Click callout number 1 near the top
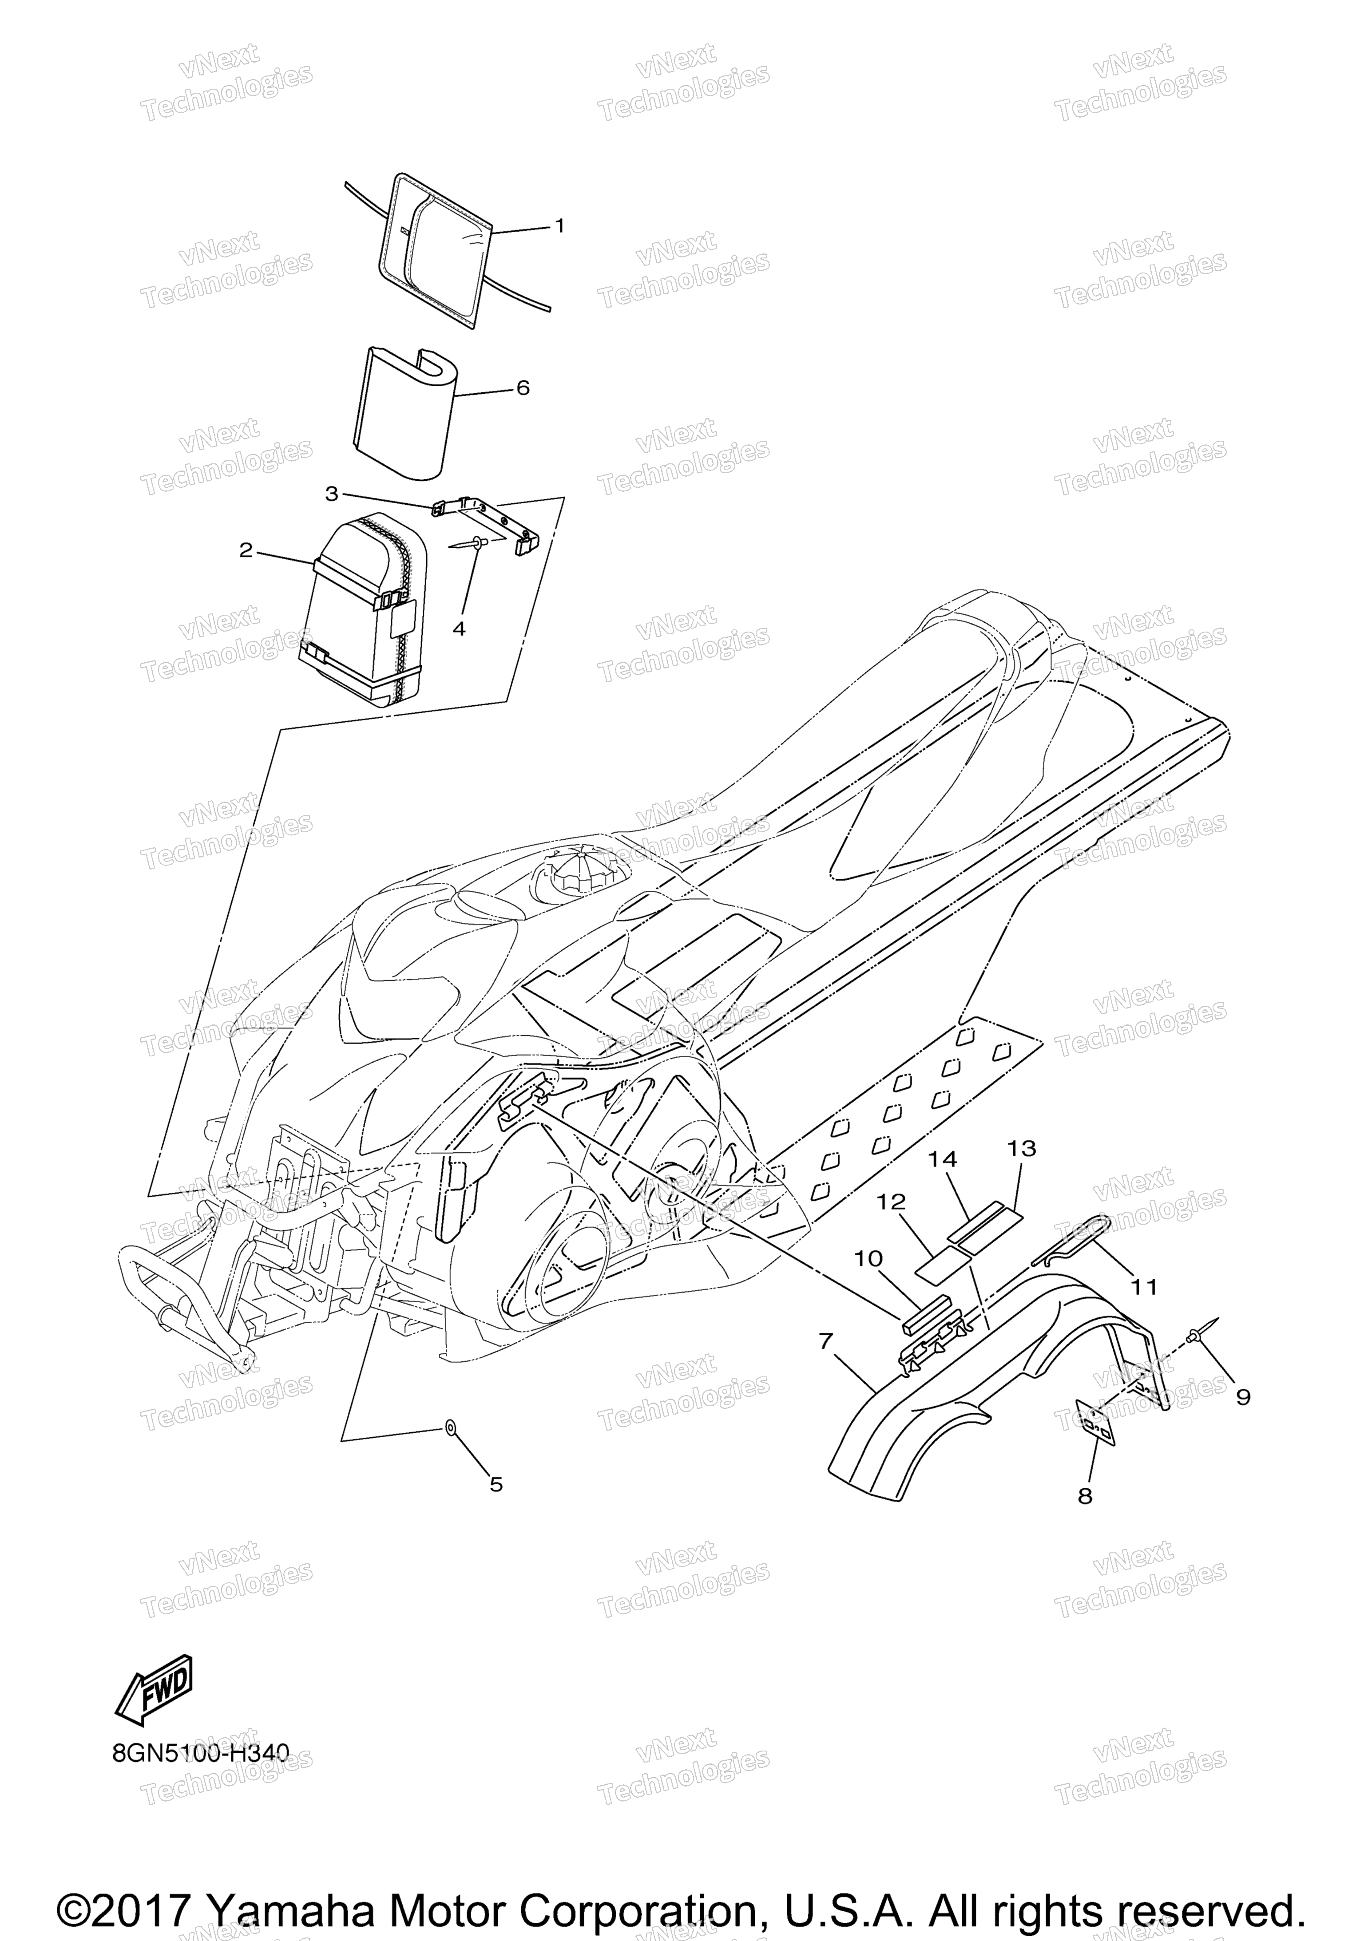pyautogui.click(x=559, y=226)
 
